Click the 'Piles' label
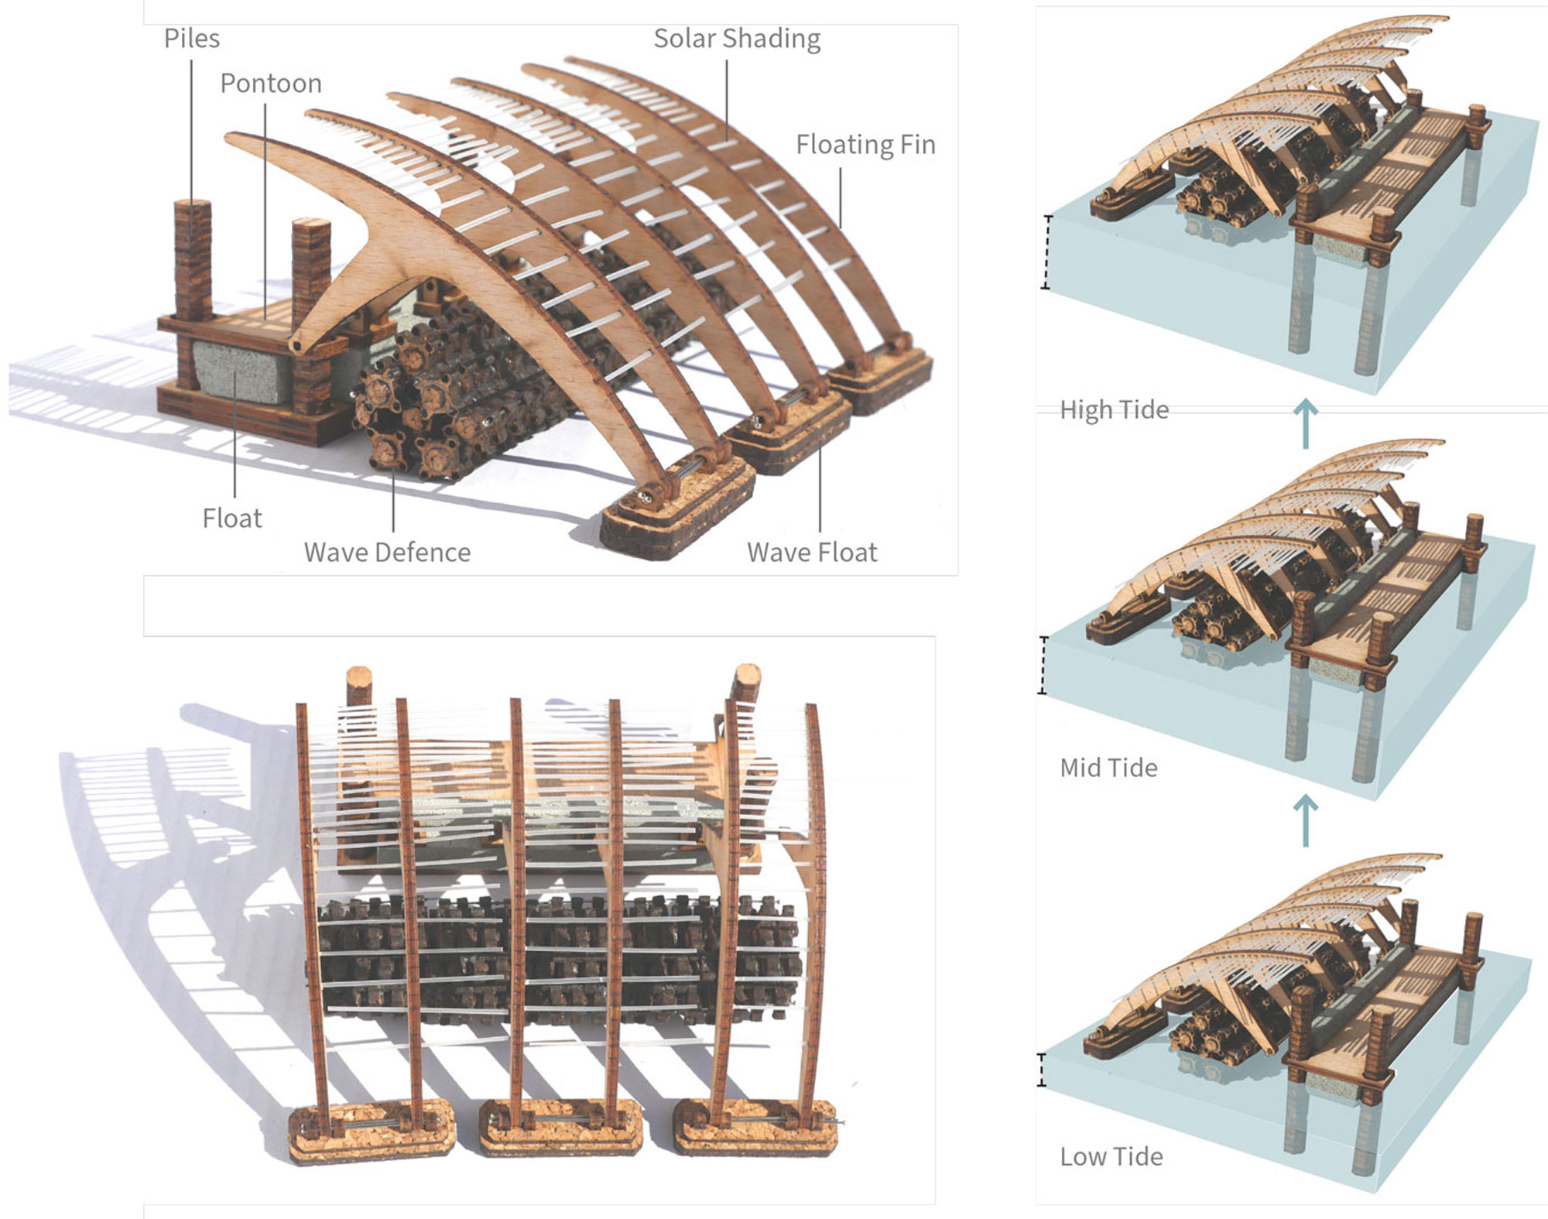[x=191, y=39]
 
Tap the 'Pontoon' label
[x=270, y=84]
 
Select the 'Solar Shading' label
[x=736, y=39]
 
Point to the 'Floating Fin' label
[x=865, y=145]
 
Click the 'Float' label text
[x=231, y=518]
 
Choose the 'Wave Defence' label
[x=387, y=552]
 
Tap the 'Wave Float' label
[x=812, y=552]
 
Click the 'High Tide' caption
[x=1114, y=409]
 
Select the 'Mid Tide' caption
[x=1108, y=768]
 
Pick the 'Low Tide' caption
[x=1111, y=1156]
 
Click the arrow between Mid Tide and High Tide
[x=1306, y=423]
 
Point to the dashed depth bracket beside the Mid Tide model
[x=1043, y=665]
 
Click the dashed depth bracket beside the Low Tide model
[x=1042, y=1070]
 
